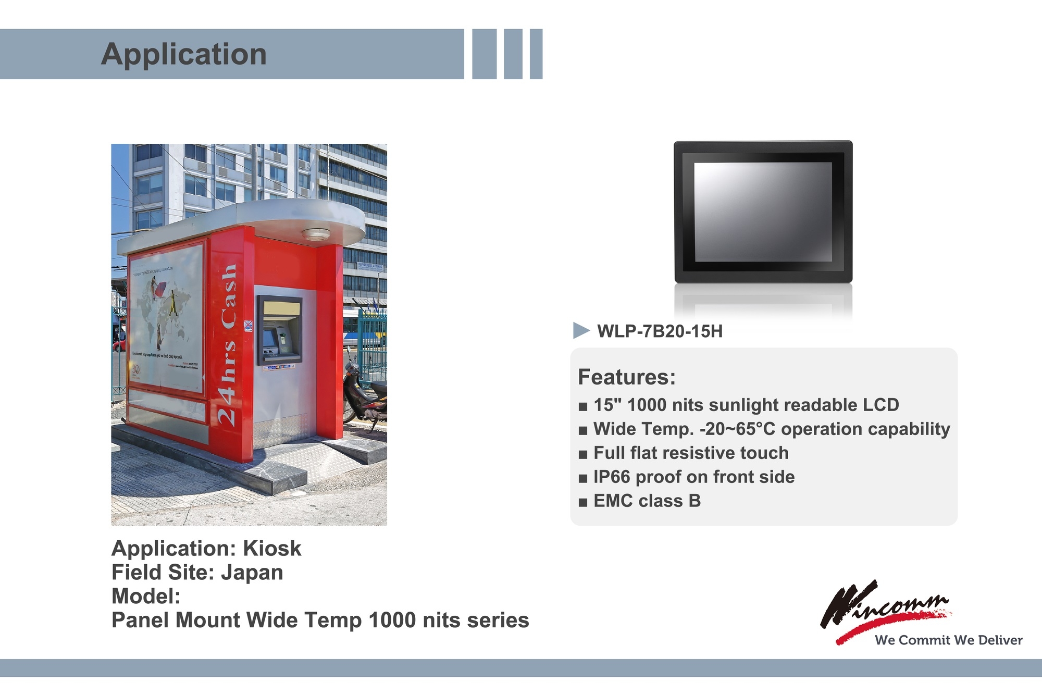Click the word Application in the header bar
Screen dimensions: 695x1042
click(x=183, y=54)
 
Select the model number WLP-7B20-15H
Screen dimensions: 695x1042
click(x=660, y=331)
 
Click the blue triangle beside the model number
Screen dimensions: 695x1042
click(x=580, y=330)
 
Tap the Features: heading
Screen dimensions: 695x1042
click(x=626, y=377)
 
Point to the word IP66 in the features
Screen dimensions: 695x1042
click(x=612, y=477)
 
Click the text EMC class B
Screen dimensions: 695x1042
click(x=647, y=501)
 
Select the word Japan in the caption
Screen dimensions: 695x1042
click(x=252, y=573)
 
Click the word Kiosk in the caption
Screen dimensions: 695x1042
click(x=272, y=549)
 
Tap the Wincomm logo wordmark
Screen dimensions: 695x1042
click(x=886, y=607)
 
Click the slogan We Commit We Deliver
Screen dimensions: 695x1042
click(x=948, y=640)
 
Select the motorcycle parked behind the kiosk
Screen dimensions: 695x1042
click(x=365, y=396)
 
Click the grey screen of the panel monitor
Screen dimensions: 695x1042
click(x=763, y=212)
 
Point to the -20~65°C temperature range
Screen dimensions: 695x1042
click(x=737, y=429)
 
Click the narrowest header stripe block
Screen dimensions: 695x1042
click(x=536, y=54)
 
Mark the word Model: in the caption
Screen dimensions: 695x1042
click(x=146, y=597)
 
